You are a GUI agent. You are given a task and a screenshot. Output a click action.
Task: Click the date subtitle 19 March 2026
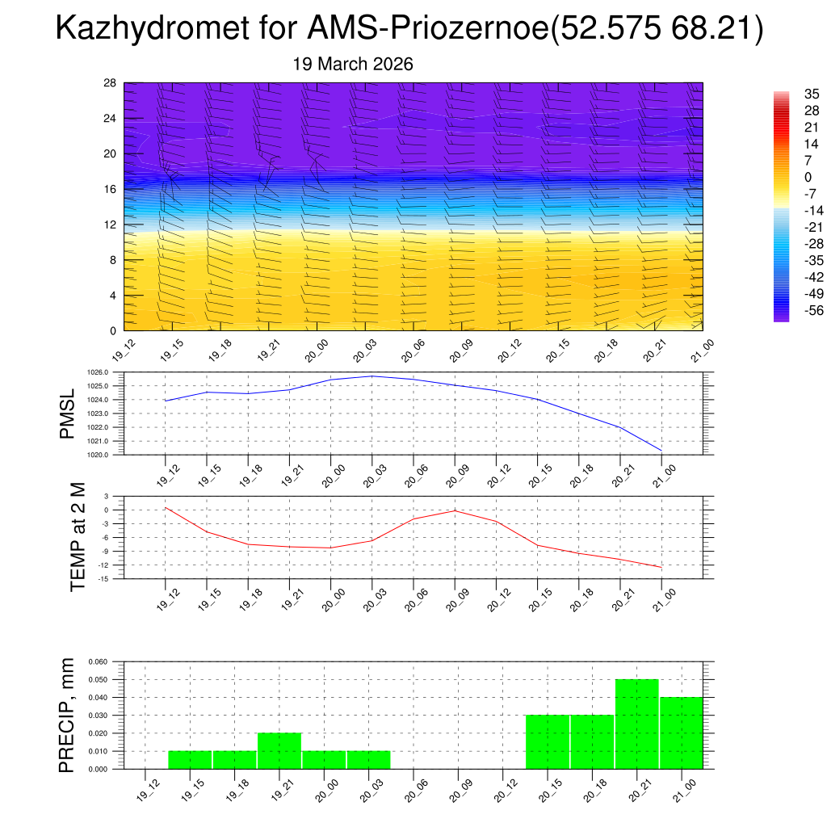tap(353, 65)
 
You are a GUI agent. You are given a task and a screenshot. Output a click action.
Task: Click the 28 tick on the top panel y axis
tap(111, 83)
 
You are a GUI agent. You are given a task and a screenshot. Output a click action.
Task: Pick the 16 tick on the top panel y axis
tap(111, 189)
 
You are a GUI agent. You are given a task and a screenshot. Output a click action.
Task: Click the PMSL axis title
tap(67, 413)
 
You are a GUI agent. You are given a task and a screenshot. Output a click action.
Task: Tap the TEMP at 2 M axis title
tap(78, 537)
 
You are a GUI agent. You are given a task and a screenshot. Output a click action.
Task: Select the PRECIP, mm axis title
tap(67, 715)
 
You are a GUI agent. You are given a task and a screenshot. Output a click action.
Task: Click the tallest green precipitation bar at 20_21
tap(637, 724)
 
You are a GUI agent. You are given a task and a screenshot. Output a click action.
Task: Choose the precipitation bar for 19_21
tap(279, 751)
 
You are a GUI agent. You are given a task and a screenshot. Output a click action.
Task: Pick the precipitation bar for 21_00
tap(682, 733)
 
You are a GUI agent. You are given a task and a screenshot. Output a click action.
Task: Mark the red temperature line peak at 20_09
tap(455, 510)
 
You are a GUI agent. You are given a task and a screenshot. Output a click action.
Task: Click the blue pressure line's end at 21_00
tap(662, 451)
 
